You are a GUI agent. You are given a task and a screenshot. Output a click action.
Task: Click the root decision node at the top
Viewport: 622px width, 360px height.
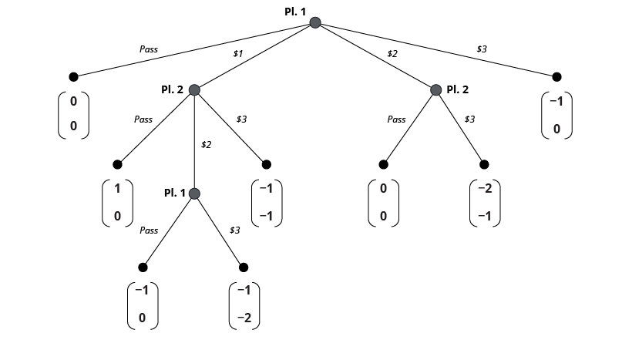[x=314, y=23]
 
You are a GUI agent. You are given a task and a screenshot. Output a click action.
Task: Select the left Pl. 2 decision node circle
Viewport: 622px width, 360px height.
[x=194, y=90]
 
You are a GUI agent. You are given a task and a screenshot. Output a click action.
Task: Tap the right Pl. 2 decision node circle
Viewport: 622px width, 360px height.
[x=435, y=90]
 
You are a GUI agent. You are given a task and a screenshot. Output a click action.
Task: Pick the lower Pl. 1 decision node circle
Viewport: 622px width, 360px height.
[x=194, y=193]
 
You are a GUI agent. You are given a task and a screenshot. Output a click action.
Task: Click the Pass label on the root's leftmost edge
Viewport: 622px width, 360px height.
[x=149, y=49]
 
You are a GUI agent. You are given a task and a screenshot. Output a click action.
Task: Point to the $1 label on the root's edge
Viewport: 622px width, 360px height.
[x=238, y=54]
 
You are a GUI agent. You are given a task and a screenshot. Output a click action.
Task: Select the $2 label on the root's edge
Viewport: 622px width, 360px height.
[x=392, y=54]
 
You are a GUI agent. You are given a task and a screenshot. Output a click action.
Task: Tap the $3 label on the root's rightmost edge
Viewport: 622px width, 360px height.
[x=481, y=49]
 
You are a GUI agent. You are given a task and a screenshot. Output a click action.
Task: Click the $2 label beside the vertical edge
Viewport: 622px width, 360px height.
[x=206, y=144]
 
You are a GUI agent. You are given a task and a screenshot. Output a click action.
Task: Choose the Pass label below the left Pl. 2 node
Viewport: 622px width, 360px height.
[x=143, y=119]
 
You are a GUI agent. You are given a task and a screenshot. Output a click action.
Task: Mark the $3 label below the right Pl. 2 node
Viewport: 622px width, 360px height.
[x=469, y=119]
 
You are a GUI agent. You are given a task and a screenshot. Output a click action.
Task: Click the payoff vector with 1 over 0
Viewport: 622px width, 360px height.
[x=117, y=202]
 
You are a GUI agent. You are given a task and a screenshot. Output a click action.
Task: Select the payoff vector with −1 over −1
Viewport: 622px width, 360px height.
[x=267, y=202]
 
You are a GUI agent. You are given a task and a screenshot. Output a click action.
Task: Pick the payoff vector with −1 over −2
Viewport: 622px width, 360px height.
[x=244, y=305]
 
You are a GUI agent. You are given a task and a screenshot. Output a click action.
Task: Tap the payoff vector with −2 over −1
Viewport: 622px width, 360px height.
[x=485, y=202]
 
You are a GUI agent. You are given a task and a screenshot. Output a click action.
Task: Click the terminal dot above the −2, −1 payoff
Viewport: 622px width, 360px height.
[x=485, y=164]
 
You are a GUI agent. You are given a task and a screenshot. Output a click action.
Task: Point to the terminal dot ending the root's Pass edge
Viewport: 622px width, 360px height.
[x=73, y=76]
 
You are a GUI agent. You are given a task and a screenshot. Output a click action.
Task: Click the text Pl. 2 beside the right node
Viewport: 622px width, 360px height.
[x=457, y=89]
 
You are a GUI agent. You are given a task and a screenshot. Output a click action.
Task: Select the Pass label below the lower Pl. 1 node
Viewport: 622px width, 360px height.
[x=149, y=230]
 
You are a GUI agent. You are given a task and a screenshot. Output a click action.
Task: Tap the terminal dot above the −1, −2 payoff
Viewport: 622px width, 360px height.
[x=244, y=267]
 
